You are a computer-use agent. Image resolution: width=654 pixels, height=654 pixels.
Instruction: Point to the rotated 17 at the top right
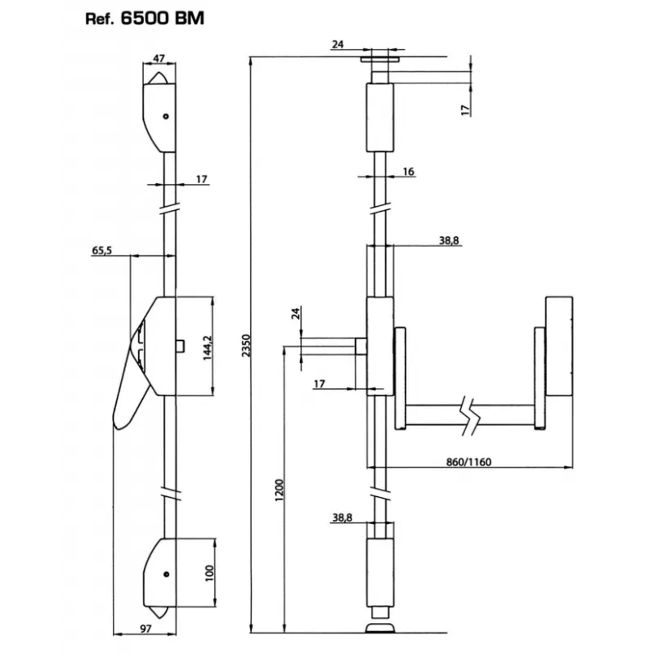coord(464,110)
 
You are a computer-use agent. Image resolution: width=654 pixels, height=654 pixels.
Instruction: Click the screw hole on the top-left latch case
coord(166,116)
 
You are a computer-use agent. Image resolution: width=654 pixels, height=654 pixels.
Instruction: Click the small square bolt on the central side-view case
coord(179,346)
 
